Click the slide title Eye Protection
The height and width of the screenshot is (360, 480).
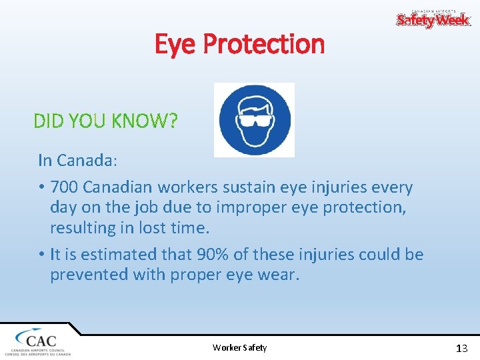click(239, 44)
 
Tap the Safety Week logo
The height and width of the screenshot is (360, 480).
click(433, 19)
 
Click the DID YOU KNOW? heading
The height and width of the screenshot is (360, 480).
click(105, 121)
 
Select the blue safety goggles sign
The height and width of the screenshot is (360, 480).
click(254, 120)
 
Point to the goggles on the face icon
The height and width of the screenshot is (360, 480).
click(254, 120)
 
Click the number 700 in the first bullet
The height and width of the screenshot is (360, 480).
click(63, 187)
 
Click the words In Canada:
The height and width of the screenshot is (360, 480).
click(77, 160)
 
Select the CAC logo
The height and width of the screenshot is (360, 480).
click(37, 341)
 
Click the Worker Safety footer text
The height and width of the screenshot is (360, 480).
click(239, 347)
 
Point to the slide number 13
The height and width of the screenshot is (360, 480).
click(461, 348)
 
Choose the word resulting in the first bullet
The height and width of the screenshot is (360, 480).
click(83, 228)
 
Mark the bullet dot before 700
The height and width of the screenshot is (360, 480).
click(41, 188)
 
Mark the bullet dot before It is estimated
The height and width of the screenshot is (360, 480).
click(41, 255)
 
